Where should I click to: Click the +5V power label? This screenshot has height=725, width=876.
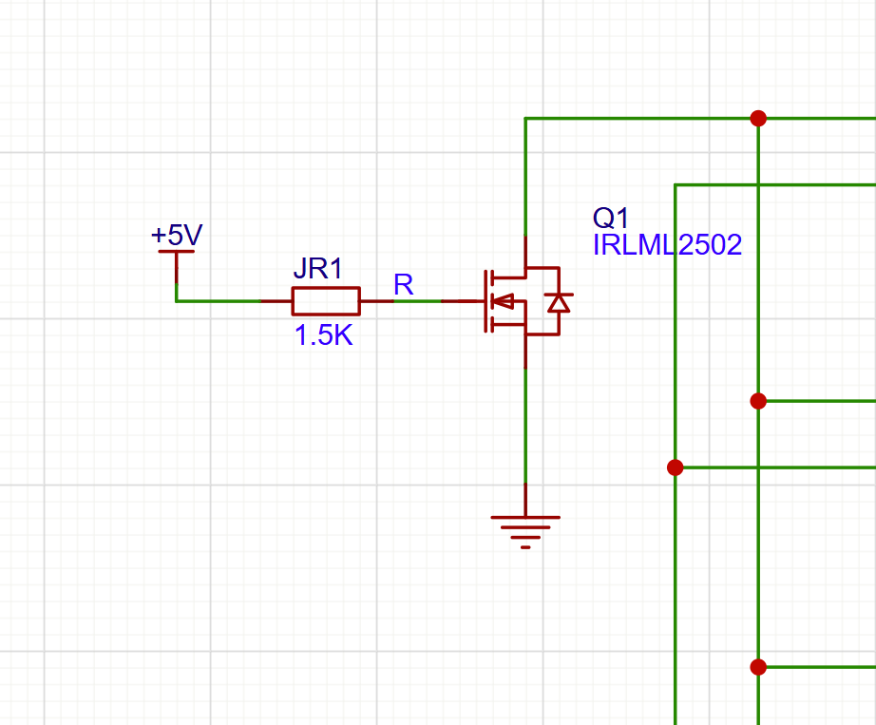point(177,235)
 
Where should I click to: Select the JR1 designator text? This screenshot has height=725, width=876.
point(317,269)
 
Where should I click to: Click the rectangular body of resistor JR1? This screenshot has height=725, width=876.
point(325,300)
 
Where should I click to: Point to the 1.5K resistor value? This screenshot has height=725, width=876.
point(323,335)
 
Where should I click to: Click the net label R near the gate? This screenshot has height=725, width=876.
point(403,284)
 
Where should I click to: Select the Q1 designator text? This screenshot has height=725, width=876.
point(611,218)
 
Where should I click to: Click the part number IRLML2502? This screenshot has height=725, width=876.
point(667,245)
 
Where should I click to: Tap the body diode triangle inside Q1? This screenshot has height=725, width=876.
point(559,302)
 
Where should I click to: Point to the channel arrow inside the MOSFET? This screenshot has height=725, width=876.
point(505,302)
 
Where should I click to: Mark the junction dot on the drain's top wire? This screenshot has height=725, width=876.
point(758,119)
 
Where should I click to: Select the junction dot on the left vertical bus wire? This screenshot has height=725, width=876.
point(675,467)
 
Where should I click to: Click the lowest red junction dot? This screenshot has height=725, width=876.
point(758,667)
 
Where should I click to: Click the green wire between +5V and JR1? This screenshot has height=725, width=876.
point(219,300)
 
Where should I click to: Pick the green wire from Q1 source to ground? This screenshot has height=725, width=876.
point(525,428)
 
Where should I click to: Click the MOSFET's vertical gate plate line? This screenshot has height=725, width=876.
point(486,301)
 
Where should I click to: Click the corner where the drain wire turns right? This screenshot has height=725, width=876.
point(525,119)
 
